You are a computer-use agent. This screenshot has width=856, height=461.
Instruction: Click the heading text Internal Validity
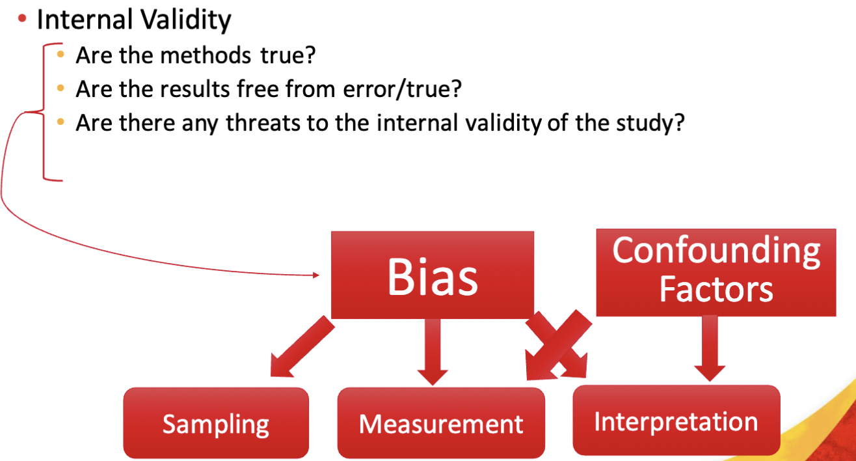click(133, 20)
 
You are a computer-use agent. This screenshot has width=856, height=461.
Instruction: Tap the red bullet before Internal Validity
click(23, 20)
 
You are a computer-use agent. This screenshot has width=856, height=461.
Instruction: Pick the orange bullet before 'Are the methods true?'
click(61, 54)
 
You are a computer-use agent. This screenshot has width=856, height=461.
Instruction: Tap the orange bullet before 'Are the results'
click(61, 88)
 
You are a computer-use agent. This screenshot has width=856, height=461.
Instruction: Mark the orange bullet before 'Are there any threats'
click(61, 122)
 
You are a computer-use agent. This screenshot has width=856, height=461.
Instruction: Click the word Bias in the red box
click(433, 276)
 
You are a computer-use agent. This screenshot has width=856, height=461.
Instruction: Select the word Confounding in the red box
click(716, 251)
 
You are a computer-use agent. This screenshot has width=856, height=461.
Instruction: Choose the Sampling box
click(216, 424)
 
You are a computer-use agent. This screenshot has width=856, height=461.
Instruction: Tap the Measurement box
click(441, 424)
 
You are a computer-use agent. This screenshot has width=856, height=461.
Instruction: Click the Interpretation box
click(676, 421)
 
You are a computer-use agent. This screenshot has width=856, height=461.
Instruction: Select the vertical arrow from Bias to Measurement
click(432, 352)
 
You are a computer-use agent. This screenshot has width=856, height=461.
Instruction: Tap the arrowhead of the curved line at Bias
click(315, 275)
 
